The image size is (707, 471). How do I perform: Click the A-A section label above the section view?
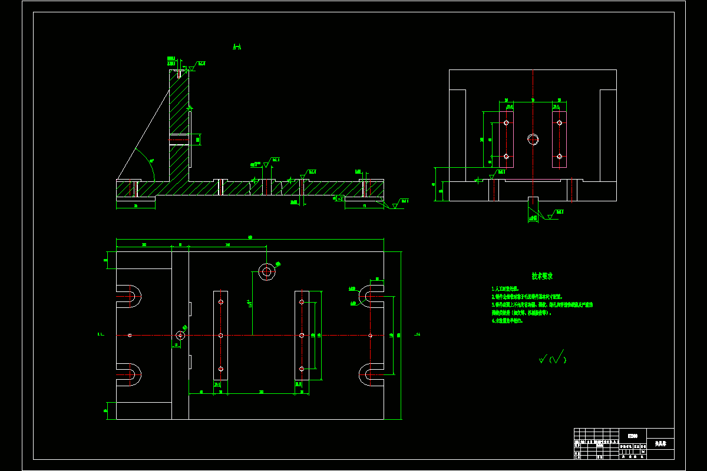point(237,47)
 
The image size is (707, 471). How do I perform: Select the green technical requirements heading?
point(542,276)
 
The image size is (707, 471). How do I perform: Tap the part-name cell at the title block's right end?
point(660,444)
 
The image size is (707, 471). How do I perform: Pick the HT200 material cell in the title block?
point(633,436)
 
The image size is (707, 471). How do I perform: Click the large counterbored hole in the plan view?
point(267,271)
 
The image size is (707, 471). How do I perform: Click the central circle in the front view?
point(533,140)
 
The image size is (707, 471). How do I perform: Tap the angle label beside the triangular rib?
point(151,161)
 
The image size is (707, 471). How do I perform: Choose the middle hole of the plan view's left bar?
point(220,335)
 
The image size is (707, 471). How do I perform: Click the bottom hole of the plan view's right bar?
point(302,369)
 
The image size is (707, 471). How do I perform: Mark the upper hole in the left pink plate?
point(506,123)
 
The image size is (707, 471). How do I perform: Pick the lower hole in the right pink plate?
point(560,156)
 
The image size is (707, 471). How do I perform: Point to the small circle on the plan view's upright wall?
point(180,335)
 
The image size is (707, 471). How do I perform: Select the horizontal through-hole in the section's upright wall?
point(179,140)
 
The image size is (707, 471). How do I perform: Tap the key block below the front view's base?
point(533,209)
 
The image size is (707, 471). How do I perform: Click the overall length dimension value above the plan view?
point(250,237)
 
